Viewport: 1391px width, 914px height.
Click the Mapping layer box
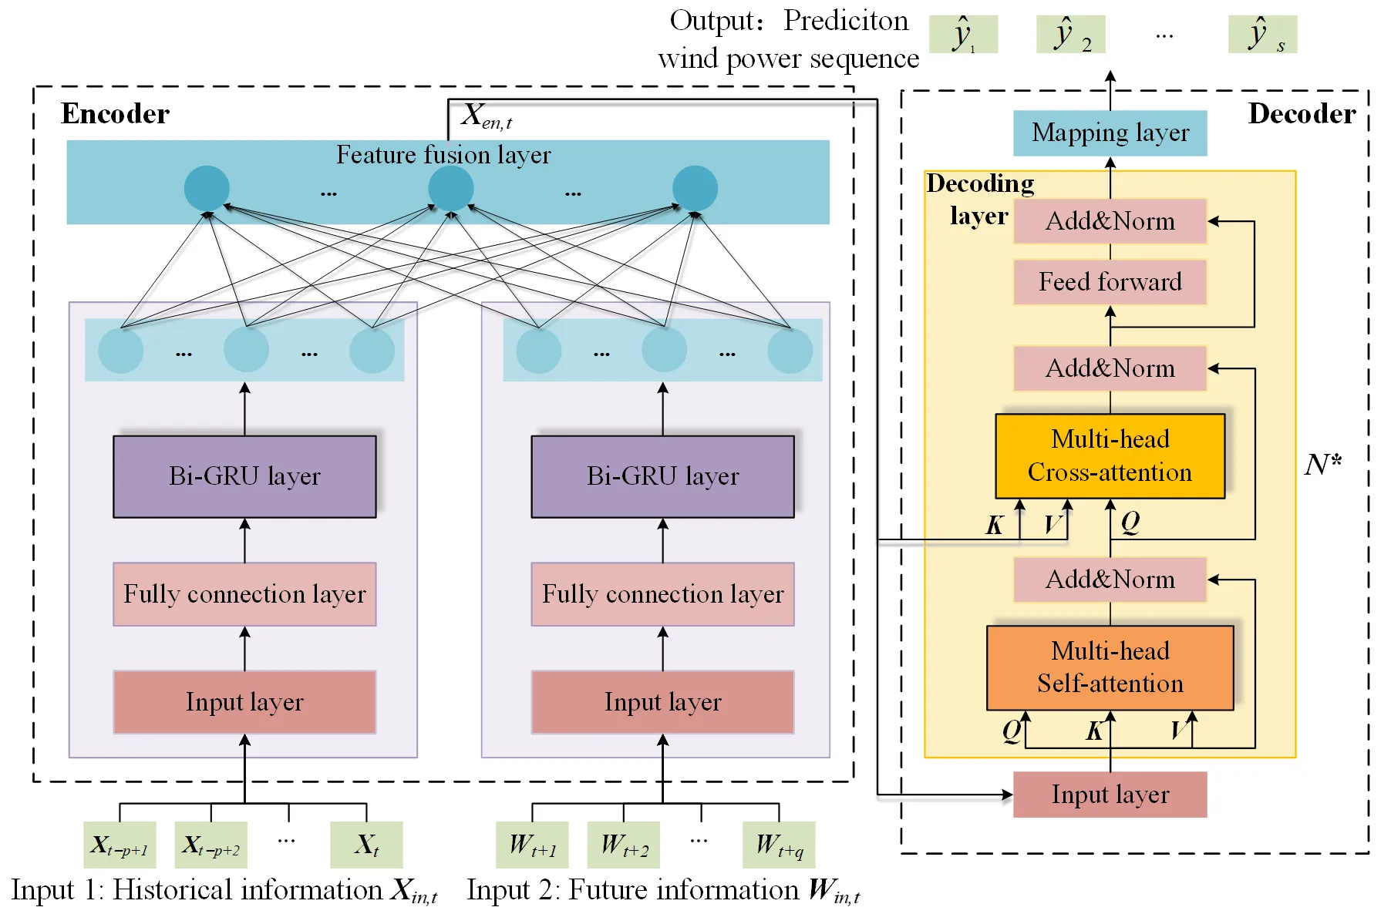point(1110,133)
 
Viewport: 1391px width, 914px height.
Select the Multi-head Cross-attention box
point(1110,456)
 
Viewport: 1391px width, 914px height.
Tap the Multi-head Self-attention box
point(1110,667)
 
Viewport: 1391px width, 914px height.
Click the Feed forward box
point(1110,282)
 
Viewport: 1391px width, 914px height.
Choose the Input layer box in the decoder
point(1110,795)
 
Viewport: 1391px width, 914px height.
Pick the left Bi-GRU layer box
point(244,476)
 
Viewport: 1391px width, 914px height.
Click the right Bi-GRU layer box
point(662,476)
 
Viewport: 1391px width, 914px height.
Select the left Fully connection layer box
point(244,594)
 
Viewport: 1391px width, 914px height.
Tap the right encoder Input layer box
point(662,702)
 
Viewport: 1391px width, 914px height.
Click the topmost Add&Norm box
point(1110,221)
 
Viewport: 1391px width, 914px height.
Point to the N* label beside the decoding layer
point(1322,465)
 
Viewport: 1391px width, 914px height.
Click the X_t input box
point(366,845)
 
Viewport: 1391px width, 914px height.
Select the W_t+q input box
point(779,845)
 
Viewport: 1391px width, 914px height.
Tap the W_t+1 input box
point(532,845)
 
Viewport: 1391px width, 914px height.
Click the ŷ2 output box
point(1070,35)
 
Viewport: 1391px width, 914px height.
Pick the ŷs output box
point(1262,35)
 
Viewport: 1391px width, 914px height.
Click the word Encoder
point(115,114)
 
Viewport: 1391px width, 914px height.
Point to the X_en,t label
point(487,116)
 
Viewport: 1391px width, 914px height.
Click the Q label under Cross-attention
point(1130,523)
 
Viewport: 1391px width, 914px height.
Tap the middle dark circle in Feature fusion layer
point(450,188)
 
